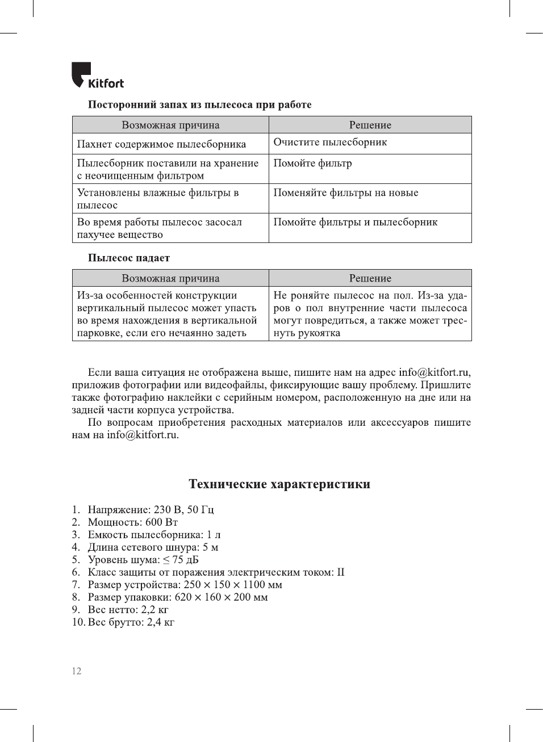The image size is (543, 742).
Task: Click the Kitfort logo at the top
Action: pyautogui.click(x=98, y=76)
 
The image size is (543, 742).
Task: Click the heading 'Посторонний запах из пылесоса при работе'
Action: pyautogui.click(x=199, y=104)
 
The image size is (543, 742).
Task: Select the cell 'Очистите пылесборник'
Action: pyautogui.click(x=330, y=142)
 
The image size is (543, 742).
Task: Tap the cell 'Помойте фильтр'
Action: pyautogui.click(x=312, y=164)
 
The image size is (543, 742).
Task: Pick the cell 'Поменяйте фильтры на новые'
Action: pyautogui.click(x=345, y=193)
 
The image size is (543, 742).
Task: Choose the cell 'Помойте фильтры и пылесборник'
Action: pyautogui.click(x=355, y=223)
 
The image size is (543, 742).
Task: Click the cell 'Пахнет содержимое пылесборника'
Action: pyautogui.click(x=161, y=144)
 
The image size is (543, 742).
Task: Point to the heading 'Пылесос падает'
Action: pyautogui.click(x=129, y=258)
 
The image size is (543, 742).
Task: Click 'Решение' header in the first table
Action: pyautogui.click(x=370, y=125)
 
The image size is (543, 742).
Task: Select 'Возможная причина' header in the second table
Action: pyautogui.click(x=170, y=278)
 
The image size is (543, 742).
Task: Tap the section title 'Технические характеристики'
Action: pyautogui.click(x=279, y=484)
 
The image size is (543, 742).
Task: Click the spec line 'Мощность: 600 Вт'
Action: pyautogui.click(x=132, y=522)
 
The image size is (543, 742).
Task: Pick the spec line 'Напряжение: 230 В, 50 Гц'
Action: pyautogui.click(x=151, y=510)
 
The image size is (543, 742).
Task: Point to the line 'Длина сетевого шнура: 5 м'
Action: pyautogui.click(x=153, y=547)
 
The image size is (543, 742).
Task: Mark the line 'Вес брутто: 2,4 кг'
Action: pyautogui.click(x=131, y=622)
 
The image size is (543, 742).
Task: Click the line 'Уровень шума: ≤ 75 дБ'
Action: pyautogui.click(x=143, y=560)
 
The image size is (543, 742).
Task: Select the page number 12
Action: pyautogui.click(x=77, y=671)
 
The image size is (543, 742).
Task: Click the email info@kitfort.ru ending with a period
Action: pyautogui.click(x=143, y=435)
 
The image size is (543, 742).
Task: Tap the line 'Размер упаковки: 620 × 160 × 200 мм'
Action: pyautogui.click(x=177, y=597)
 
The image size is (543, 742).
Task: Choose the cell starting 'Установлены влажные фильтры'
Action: pyautogui.click(x=158, y=199)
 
